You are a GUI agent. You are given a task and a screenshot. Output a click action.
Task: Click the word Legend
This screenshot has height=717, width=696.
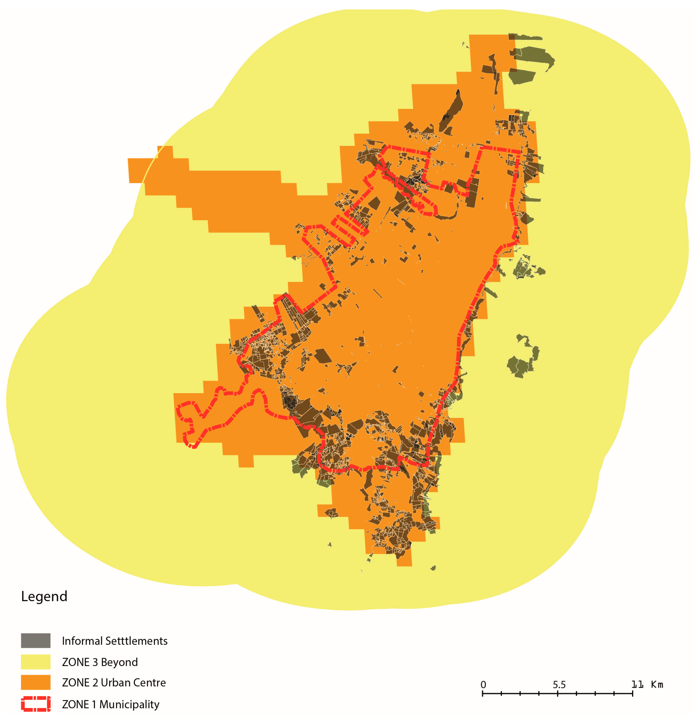[x=44, y=596]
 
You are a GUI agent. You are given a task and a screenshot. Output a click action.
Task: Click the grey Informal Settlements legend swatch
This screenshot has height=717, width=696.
[x=36, y=640]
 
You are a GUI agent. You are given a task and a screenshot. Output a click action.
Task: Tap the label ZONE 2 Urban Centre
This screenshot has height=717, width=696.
[x=114, y=683]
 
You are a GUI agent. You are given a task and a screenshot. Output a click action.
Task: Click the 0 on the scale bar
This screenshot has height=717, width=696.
[x=483, y=684]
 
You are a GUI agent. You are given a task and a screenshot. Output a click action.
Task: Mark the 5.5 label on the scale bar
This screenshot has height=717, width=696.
[x=559, y=684]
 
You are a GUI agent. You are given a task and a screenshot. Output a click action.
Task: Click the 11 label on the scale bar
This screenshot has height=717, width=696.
[x=637, y=684]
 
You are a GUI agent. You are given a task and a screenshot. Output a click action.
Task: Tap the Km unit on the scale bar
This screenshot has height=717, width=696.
[x=657, y=684]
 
